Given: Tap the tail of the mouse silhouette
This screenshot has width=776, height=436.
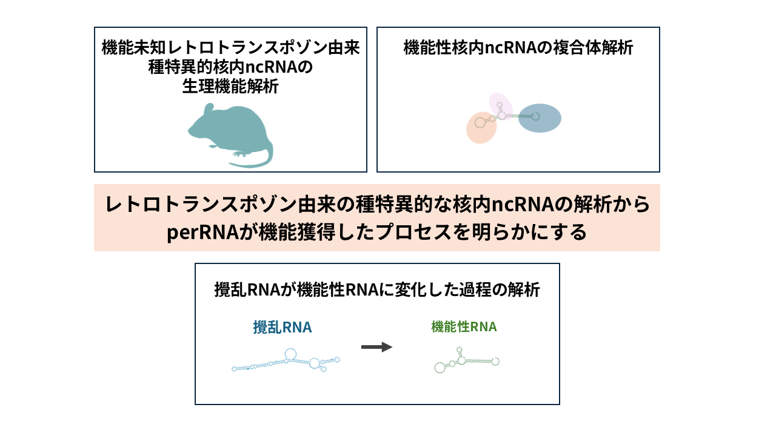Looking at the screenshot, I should [255, 163].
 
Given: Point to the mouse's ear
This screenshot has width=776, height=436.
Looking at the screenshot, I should [207, 109].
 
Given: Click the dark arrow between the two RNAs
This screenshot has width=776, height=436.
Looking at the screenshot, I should [376, 347].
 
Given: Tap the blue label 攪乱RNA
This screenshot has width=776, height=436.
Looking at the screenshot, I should [283, 328].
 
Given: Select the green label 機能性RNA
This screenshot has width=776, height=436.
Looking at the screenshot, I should [464, 327].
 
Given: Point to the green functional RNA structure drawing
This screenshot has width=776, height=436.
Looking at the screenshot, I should [466, 361].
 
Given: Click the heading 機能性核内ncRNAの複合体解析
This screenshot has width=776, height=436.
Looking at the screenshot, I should [518, 48].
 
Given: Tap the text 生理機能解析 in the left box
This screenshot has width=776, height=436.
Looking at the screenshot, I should [230, 87].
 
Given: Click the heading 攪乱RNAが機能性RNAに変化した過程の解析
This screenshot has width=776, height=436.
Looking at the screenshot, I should [377, 290].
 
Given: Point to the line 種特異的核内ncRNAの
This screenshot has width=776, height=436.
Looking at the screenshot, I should [230, 67].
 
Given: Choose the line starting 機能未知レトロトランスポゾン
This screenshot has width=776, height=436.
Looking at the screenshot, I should [230, 48].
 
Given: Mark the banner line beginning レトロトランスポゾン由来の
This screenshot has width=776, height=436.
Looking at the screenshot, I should [377, 205].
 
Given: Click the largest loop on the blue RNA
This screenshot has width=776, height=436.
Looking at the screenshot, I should [290, 353].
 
